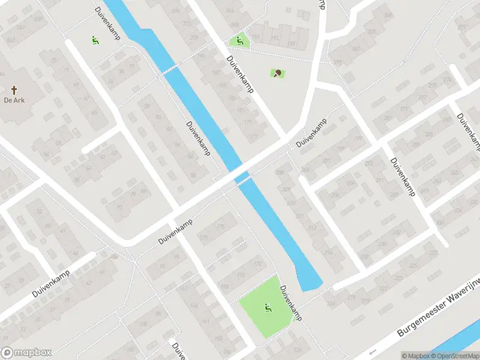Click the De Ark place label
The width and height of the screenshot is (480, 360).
click(14, 101)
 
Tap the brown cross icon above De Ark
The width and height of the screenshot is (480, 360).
click(14, 90)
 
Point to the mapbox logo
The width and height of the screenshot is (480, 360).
click(26, 353)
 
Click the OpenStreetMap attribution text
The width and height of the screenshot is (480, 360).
click(457, 356)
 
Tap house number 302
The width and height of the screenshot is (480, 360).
click(355, 49)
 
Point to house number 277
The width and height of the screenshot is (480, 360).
click(422, 98)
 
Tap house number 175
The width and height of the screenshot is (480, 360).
click(220, 227)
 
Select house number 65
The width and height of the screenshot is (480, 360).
click(93, 112)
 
